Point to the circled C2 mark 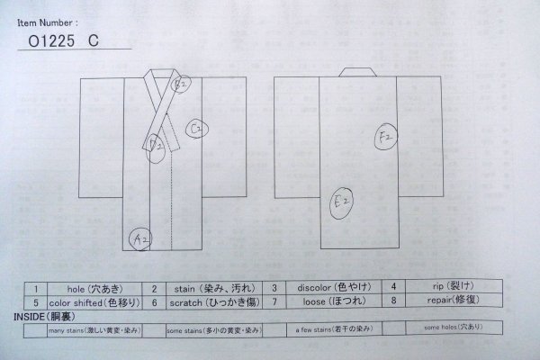tap(199, 130)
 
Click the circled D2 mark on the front tap(157, 142)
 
